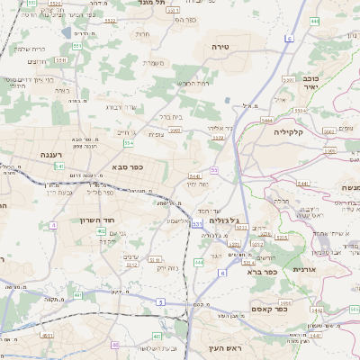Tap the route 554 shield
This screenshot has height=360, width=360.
[130, 142]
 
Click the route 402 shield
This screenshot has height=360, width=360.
[101, 231]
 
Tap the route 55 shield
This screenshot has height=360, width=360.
[214, 169]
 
